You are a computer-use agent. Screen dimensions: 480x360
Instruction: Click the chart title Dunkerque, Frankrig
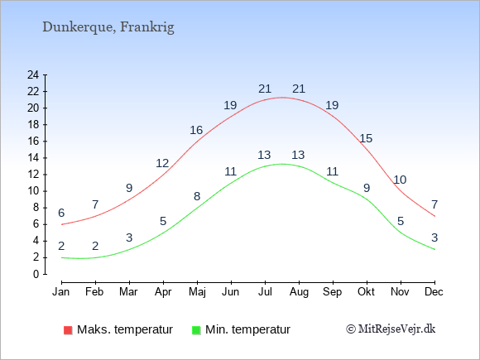[x=108, y=27]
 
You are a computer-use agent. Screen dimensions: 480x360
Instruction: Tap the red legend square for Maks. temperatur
[x=68, y=330]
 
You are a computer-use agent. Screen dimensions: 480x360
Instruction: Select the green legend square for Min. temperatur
[x=196, y=330]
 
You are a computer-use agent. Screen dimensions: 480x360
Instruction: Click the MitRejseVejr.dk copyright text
[x=391, y=329]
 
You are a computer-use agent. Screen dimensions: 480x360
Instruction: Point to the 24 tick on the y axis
[x=33, y=74]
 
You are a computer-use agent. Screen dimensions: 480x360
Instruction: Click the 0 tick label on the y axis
[x=36, y=274]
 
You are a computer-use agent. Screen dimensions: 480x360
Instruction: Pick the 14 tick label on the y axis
[x=33, y=157]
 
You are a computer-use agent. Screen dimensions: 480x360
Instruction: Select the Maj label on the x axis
[x=197, y=292]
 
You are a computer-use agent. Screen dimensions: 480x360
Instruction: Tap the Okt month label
[x=366, y=292]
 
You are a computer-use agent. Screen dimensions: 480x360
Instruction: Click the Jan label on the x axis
[x=61, y=292]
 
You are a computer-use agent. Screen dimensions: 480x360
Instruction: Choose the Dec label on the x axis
[x=434, y=292]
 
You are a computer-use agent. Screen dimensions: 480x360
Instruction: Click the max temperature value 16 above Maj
[x=196, y=130]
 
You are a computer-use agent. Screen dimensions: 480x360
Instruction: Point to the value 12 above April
[x=162, y=163]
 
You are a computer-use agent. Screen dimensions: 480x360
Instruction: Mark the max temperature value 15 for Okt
[x=366, y=138]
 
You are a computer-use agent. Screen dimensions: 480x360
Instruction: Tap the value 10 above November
[x=400, y=180]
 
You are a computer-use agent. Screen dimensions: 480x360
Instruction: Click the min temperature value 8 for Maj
[x=197, y=196]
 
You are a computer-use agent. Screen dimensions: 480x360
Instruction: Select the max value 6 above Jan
[x=61, y=213]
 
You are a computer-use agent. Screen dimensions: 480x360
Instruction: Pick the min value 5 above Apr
[x=163, y=221]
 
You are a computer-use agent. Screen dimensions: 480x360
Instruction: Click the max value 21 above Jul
[x=265, y=89]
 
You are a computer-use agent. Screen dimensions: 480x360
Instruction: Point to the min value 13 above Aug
[x=298, y=155]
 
